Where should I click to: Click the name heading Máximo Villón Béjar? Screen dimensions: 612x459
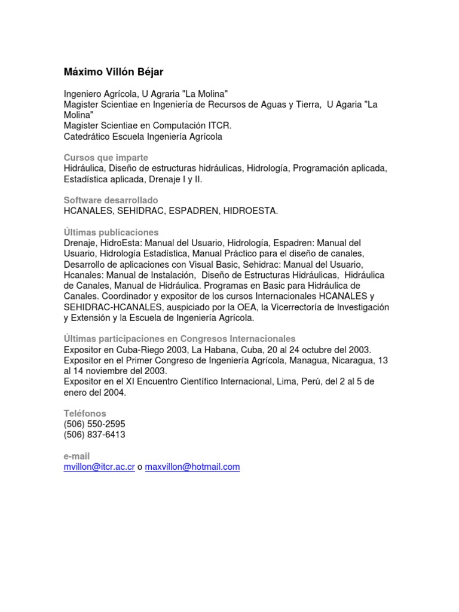[113, 72]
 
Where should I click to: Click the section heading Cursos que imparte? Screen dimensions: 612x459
[106, 158]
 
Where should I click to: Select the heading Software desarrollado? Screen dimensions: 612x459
[111, 200]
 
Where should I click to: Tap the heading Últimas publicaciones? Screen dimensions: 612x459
[111, 232]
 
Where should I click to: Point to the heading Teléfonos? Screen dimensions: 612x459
[85, 414]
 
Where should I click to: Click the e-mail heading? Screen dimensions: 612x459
[76, 456]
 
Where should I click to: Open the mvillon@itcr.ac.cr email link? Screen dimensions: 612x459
[99, 467]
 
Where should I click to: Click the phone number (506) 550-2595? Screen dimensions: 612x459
[94, 424]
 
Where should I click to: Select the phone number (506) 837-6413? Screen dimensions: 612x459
[94, 435]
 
